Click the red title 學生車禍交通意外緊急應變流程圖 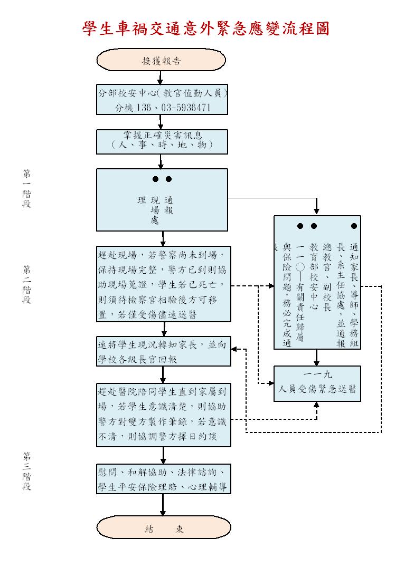pos(206,28)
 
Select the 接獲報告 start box pos(162,61)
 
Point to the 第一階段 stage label pos(26,188)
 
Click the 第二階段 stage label pos(26,284)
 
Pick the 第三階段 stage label pos(26,471)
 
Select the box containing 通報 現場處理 pos(162,199)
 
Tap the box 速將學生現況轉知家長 pos(164,351)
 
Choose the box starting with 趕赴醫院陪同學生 pos(164,415)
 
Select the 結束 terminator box pos(164,530)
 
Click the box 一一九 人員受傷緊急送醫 pos(317,383)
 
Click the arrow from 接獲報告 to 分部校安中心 pos(160,78)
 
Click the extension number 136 pos(144,108)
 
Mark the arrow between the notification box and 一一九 pos(317,358)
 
